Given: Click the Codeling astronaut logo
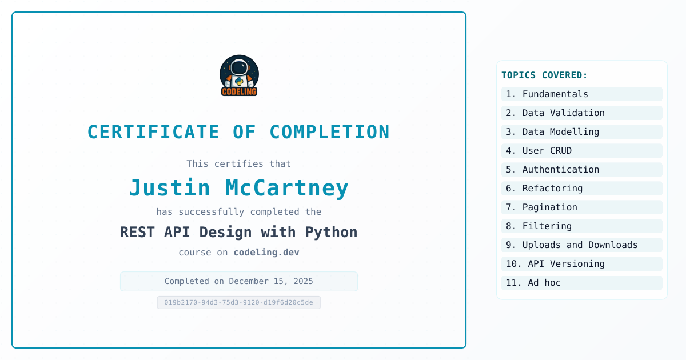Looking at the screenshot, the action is tap(239, 75).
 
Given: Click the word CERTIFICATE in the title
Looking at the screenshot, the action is tap(153, 132).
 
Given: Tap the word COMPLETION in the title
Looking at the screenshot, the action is tap(329, 132).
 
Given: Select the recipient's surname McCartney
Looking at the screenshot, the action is tap(287, 187).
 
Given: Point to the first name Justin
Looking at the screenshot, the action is tap(169, 187).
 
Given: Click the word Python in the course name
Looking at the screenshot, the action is tap(332, 233).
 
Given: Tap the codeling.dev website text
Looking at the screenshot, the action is tap(266, 252).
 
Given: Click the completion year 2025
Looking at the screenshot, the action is tap(303, 281).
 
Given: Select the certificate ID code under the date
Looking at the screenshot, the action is tap(239, 302).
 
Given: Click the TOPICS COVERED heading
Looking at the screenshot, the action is tap(544, 75).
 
